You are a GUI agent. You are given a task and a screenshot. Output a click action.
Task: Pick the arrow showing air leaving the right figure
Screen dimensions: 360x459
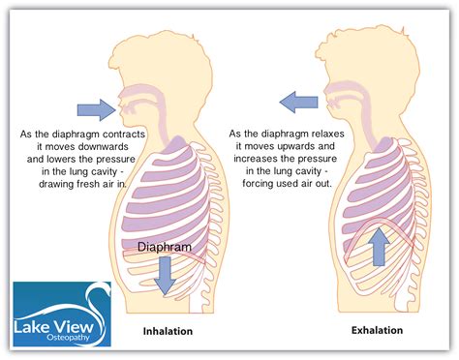[x=300, y=98]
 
